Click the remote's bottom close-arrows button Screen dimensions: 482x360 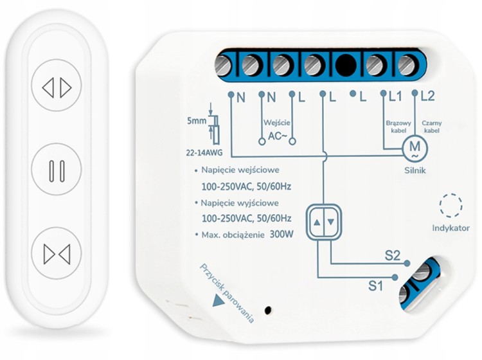point(57,253)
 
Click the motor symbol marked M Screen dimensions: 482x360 point(415,148)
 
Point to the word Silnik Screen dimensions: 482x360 point(415,170)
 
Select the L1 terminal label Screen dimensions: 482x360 point(395,97)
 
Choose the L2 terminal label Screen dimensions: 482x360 point(427,97)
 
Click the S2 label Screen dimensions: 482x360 point(393,255)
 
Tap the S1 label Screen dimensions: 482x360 point(376,286)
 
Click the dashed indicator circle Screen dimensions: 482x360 point(451,205)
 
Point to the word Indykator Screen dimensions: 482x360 point(451,228)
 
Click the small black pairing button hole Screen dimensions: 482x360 point(268,310)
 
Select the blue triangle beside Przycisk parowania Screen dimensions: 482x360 point(218,301)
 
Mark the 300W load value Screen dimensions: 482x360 point(281,235)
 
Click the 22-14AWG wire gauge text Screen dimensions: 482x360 point(204,153)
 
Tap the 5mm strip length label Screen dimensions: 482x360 point(197,121)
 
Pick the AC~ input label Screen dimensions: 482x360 point(277,136)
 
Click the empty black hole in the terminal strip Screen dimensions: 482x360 point(346,65)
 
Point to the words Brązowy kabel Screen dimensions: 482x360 point(398,127)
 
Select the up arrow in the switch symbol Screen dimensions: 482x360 point(317,222)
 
